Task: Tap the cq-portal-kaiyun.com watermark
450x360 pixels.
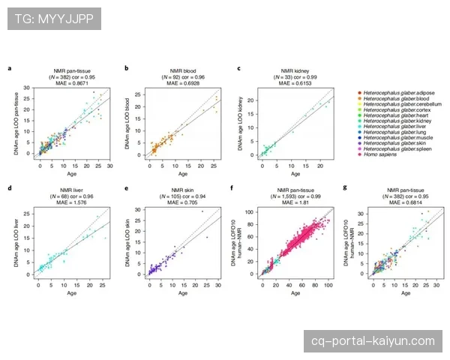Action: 373,340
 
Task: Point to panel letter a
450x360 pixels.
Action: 10,70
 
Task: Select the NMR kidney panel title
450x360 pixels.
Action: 290,70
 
